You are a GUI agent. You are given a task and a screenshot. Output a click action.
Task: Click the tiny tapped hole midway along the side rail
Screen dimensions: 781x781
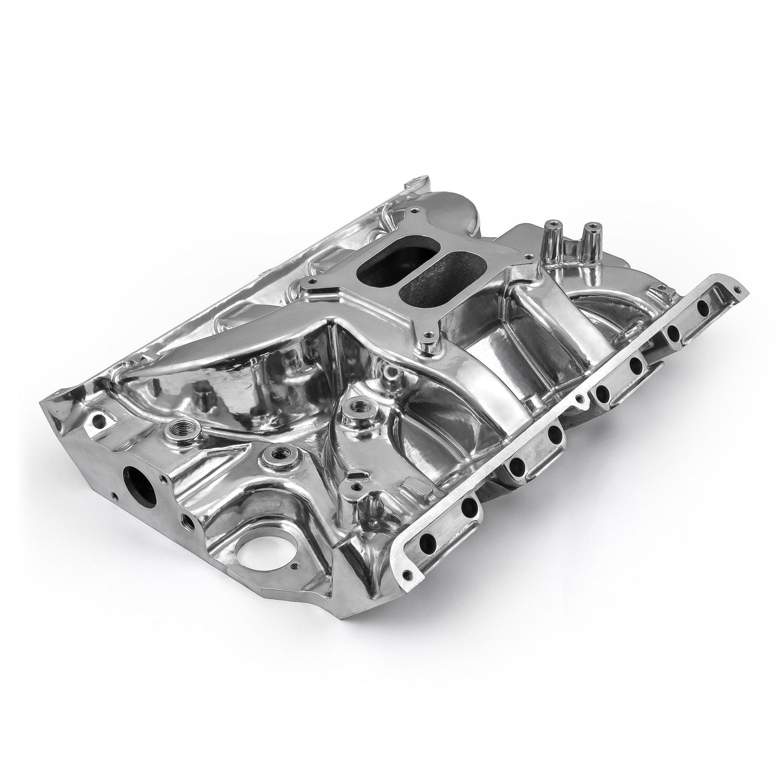[x=579, y=399]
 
